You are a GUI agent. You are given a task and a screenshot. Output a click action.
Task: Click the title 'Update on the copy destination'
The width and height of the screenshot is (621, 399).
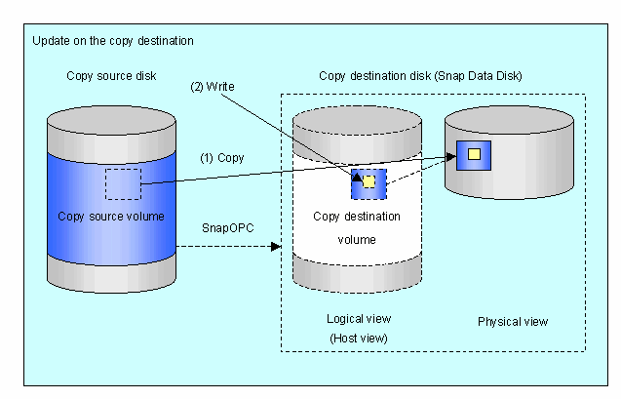[113, 41]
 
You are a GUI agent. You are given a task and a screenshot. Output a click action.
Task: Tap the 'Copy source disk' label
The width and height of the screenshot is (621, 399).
[111, 76]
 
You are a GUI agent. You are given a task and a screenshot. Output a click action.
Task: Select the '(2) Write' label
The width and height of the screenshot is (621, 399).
[213, 87]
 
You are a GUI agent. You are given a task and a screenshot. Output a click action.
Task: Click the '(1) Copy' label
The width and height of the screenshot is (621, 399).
[222, 158]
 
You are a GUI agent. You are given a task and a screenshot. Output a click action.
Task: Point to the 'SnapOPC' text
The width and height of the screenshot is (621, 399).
[228, 228]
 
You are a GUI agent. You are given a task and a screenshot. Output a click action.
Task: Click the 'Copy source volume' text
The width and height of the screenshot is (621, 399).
[111, 217]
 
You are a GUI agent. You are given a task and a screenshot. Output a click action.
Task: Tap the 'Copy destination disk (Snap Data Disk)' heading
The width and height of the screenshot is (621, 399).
[420, 76]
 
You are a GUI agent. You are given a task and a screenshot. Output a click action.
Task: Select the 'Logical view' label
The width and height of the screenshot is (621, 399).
[359, 319]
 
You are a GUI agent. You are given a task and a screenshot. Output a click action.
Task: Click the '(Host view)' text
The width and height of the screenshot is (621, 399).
[359, 338]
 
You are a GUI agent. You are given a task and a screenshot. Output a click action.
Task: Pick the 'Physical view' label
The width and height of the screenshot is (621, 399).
[513, 321]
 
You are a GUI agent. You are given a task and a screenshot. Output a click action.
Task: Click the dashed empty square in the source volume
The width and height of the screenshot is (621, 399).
[123, 183]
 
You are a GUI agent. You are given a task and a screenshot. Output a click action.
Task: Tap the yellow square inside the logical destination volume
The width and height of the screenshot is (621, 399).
[369, 181]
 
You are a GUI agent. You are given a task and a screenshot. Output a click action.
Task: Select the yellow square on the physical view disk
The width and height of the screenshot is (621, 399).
[474, 154]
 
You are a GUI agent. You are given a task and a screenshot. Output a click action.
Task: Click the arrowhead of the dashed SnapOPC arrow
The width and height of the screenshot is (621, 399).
[276, 247]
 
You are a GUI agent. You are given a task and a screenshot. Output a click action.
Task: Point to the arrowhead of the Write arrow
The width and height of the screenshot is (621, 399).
[357, 178]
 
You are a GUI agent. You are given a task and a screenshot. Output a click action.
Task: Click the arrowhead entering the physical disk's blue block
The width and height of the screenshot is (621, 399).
[451, 157]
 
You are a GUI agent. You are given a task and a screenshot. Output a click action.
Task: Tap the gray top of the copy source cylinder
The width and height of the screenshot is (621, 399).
[111, 120]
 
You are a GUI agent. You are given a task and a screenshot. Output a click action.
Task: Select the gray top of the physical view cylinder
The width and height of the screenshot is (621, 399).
[509, 120]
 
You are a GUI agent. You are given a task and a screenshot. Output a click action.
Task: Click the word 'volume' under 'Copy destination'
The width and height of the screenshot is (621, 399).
[357, 240]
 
